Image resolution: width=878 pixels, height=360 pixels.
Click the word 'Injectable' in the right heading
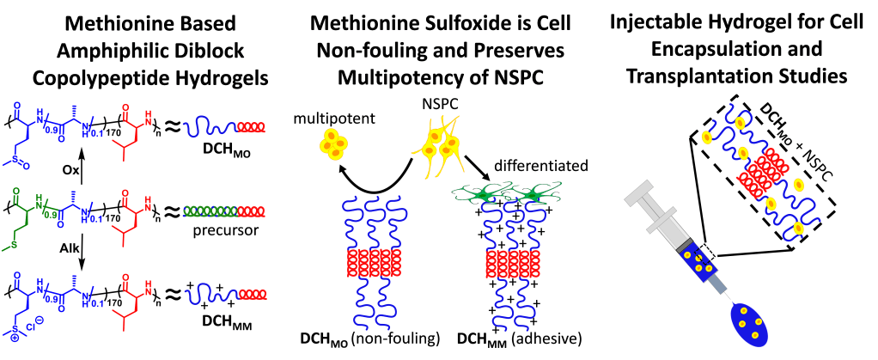(x=661, y=20)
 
